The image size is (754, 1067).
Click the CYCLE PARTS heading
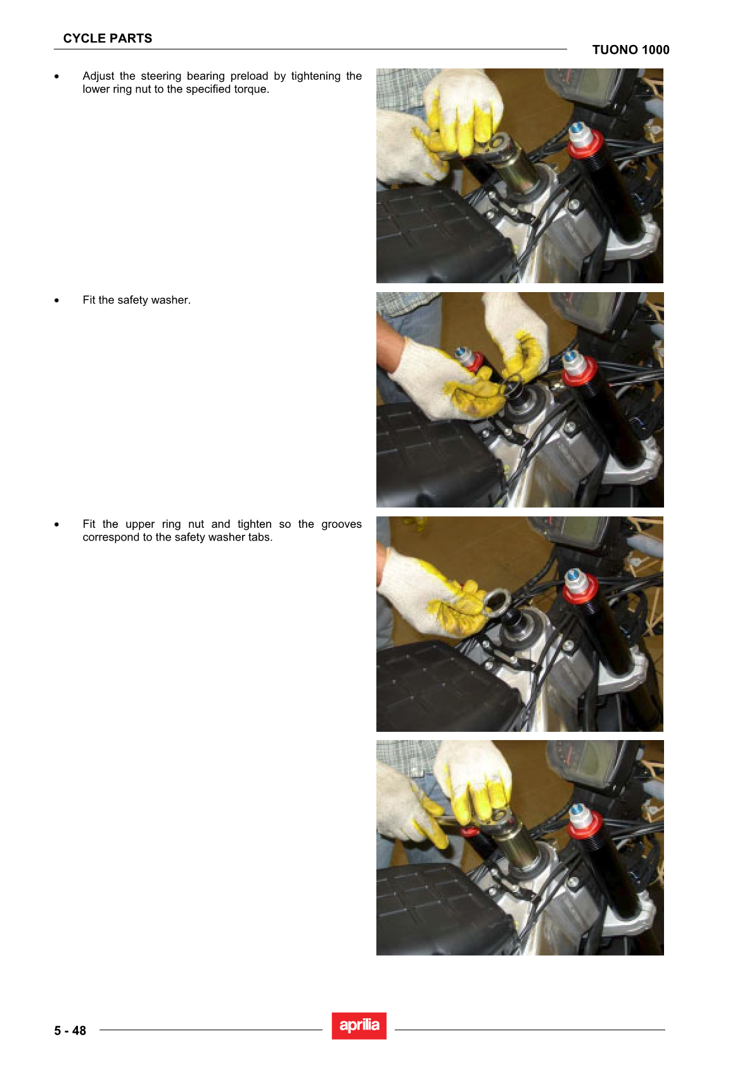coord(108,39)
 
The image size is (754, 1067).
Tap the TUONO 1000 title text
coord(630,50)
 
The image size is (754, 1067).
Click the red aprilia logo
coord(359,1026)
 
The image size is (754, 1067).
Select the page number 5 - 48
coord(70,1031)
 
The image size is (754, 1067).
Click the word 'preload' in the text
coord(248,76)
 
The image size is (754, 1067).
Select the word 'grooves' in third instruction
coord(342,525)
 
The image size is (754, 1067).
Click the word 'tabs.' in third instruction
coord(260,537)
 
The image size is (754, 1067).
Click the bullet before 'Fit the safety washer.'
coord(56,300)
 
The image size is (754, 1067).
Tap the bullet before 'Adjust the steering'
coord(56,77)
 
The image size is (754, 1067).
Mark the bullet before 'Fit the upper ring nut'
coord(56,525)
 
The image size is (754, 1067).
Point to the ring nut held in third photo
coord(498,603)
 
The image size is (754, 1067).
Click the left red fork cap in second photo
coord(473,362)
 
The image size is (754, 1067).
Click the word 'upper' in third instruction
coord(140,525)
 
